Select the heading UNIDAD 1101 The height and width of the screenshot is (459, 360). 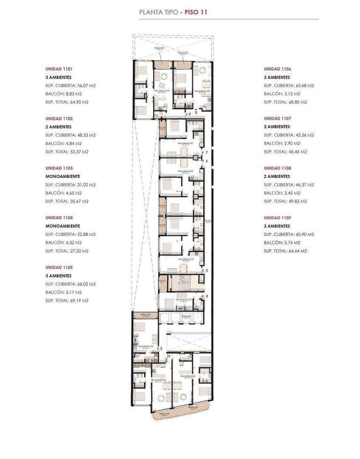tap(59, 69)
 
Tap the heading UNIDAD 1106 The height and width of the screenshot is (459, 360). tap(277, 69)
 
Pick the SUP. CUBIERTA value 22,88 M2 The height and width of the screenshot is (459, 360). tap(86, 235)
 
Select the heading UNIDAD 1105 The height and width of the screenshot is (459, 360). tap(59, 268)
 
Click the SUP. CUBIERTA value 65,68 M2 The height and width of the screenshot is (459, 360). tap(305, 86)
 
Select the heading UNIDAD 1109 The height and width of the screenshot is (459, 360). tap(277, 218)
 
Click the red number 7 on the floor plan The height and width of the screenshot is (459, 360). tap(207, 152)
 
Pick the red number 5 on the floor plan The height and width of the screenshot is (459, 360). tap(207, 271)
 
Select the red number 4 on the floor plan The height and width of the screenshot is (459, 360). tap(207, 296)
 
